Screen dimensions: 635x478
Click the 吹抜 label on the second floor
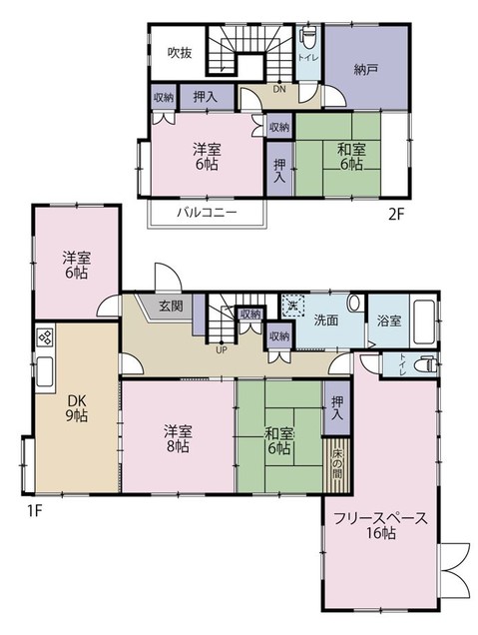click(x=179, y=52)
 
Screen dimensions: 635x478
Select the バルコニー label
click(x=208, y=213)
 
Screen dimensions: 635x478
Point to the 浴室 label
click(x=389, y=321)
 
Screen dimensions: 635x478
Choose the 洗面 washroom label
click(x=325, y=321)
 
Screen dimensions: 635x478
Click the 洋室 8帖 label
click(x=179, y=440)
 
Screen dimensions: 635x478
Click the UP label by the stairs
click(x=221, y=348)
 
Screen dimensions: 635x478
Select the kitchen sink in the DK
click(x=45, y=375)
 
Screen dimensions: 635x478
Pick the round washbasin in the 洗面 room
click(x=354, y=305)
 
